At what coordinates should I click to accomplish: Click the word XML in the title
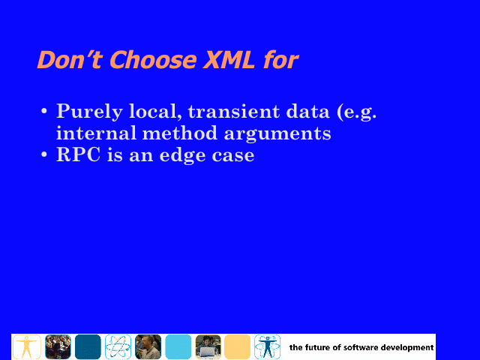coord(228,59)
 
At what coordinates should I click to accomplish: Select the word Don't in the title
coord(69,59)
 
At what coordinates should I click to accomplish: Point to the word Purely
coord(89,112)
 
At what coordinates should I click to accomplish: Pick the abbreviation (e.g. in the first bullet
coord(357,112)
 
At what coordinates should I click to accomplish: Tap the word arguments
coord(277,134)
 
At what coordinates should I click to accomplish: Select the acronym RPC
coord(78,154)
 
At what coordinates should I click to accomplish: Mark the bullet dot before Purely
coord(44,111)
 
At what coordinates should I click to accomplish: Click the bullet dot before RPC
coord(44,154)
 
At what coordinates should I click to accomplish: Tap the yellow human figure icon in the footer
coord(27,346)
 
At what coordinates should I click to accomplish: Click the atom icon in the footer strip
coord(118,346)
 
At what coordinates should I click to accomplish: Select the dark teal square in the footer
coord(88,346)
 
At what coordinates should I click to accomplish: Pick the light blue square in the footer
coord(178,346)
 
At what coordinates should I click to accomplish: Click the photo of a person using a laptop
coord(208,346)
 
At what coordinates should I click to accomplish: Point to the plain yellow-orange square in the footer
coord(238,346)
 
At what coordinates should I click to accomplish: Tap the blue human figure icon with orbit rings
coord(267,346)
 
